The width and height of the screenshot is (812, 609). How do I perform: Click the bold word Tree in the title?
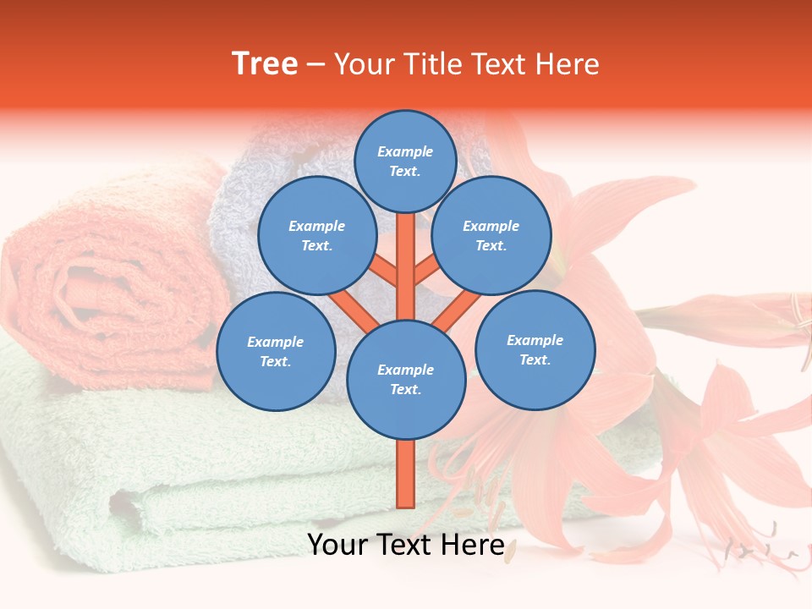coord(265,64)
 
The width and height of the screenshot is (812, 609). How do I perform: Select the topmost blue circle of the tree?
coord(405,161)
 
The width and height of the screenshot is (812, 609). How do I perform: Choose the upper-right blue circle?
coord(491,235)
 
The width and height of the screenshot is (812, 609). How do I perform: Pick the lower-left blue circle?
coord(276,351)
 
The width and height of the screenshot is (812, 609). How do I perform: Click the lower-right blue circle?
coord(535,349)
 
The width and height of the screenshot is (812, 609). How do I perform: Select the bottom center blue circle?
coord(406,379)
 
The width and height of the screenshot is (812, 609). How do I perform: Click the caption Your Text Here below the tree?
coord(406,545)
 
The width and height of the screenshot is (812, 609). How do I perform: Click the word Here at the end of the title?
coord(568,64)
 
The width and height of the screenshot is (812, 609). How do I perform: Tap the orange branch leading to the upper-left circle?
coord(385,271)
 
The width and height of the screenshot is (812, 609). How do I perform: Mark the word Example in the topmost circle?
coord(405,151)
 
